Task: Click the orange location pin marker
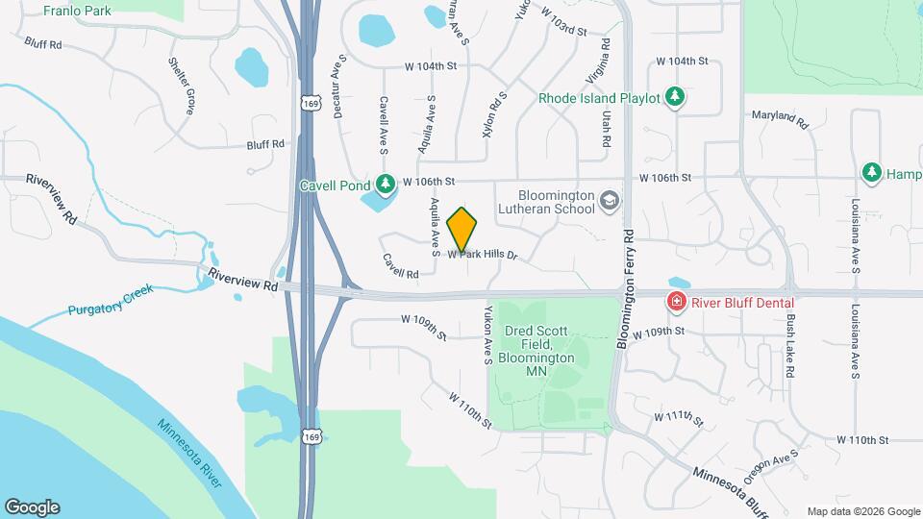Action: tap(462, 228)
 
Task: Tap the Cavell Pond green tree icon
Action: tap(385, 182)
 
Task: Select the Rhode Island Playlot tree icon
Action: tap(676, 97)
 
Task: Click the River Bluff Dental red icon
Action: tap(677, 302)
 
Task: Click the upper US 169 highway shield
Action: tap(309, 101)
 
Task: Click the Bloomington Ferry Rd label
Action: tap(628, 289)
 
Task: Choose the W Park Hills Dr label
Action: tap(483, 256)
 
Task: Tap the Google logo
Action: tap(32, 507)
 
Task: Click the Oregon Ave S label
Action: tap(781, 466)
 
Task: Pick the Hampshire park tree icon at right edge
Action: tap(871, 172)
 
